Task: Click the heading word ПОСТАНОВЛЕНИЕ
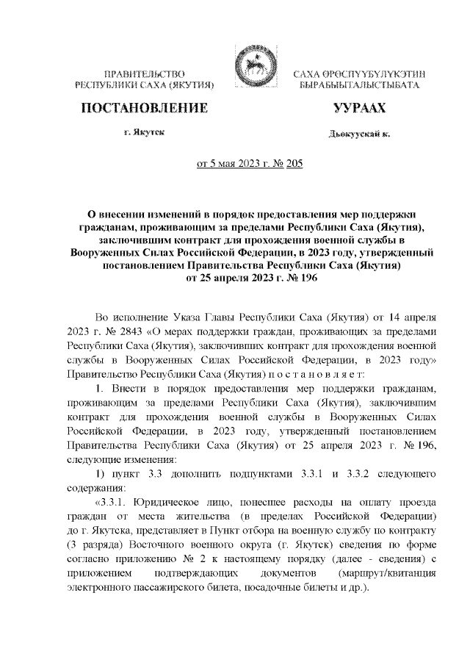(x=144, y=109)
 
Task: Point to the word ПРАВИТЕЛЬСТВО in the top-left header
(x=144, y=75)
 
